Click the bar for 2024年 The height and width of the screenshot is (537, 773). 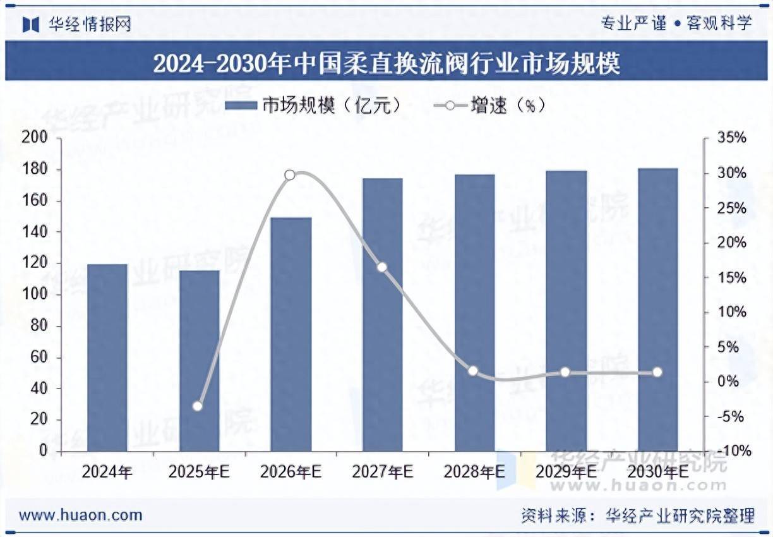click(107, 358)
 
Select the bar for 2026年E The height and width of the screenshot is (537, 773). click(291, 335)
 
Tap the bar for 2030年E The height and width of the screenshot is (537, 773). click(657, 310)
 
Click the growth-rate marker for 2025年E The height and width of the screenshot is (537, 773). click(198, 406)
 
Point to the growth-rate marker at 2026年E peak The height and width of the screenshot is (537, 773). click(290, 175)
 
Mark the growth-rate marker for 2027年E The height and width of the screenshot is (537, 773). click(381, 267)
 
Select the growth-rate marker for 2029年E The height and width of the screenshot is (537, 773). click(565, 372)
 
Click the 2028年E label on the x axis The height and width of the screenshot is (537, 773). click(474, 472)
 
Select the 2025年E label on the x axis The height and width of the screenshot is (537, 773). click(199, 472)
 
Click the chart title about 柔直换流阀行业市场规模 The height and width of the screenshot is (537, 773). click(386, 63)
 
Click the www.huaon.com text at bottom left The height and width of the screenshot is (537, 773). click(80, 515)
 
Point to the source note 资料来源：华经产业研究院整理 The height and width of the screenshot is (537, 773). click(638, 515)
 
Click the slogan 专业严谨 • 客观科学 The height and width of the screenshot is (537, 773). click(676, 24)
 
